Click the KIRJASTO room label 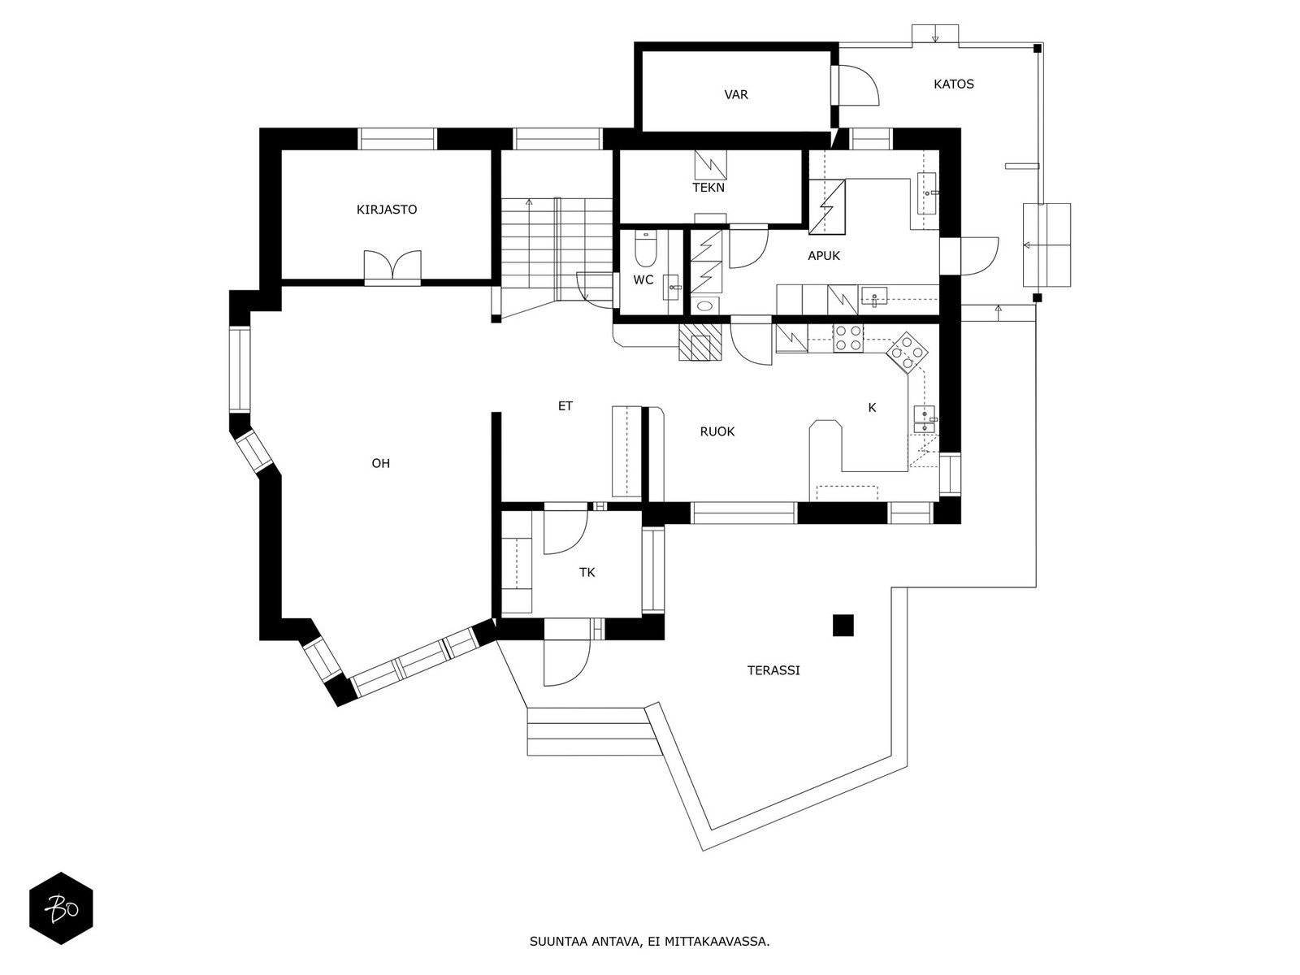pyautogui.click(x=387, y=210)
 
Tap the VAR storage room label pyautogui.click(x=736, y=95)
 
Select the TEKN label pyautogui.click(x=708, y=188)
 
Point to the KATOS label pyautogui.click(x=954, y=84)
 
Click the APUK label pyautogui.click(x=824, y=256)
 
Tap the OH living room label pyautogui.click(x=380, y=464)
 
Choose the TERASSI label pyautogui.click(x=773, y=671)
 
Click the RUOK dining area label pyautogui.click(x=717, y=432)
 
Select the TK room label pyautogui.click(x=587, y=573)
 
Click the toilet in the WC pyautogui.click(x=646, y=250)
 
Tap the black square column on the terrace pyautogui.click(x=843, y=625)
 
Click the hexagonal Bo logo pyautogui.click(x=61, y=908)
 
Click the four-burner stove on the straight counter pyautogui.click(x=848, y=338)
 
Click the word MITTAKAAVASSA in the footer pyautogui.click(x=717, y=942)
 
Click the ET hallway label pyautogui.click(x=565, y=406)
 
